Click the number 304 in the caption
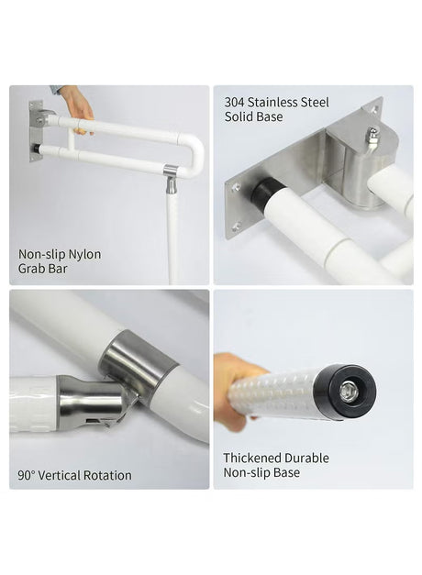[x=235, y=103]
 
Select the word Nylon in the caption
[x=85, y=255]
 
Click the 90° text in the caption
[x=27, y=476]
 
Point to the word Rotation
[x=107, y=476]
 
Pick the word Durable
[x=306, y=458]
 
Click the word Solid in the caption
[x=239, y=117]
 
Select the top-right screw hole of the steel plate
[x=375, y=108]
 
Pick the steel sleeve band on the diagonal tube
[x=139, y=359]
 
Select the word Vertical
[x=59, y=476]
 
